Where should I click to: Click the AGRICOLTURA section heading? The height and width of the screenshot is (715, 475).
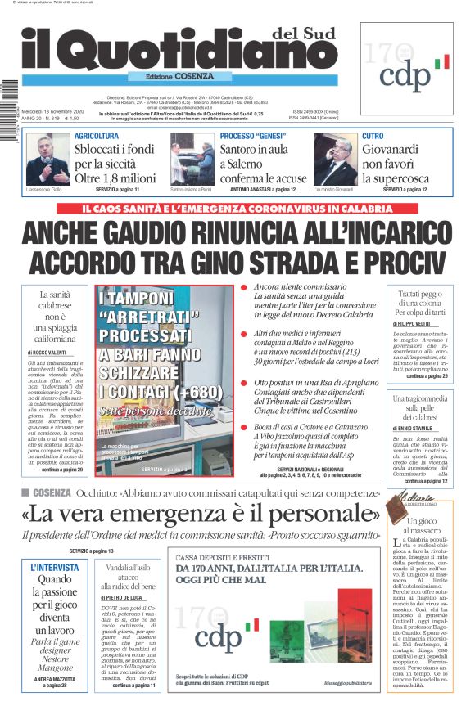coord(97,136)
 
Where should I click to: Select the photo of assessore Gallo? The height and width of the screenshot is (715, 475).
coord(48,160)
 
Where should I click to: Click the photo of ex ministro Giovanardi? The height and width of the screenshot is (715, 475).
coord(335,160)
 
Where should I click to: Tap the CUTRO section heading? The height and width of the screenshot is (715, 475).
coord(373,136)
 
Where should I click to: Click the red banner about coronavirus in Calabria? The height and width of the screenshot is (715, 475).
coord(237,208)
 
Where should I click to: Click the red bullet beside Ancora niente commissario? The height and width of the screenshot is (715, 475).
coord(243,288)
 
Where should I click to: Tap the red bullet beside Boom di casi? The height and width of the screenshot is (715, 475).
coord(243,429)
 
